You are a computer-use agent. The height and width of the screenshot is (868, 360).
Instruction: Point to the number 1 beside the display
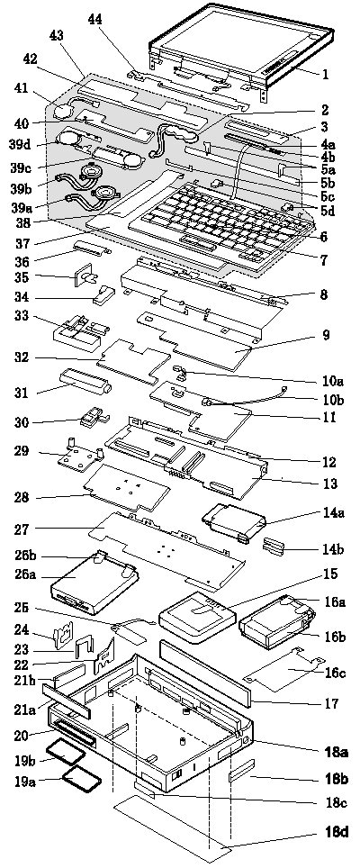325,73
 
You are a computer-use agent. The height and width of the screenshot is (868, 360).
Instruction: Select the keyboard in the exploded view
220,225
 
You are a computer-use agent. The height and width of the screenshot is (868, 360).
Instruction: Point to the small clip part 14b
274,547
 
